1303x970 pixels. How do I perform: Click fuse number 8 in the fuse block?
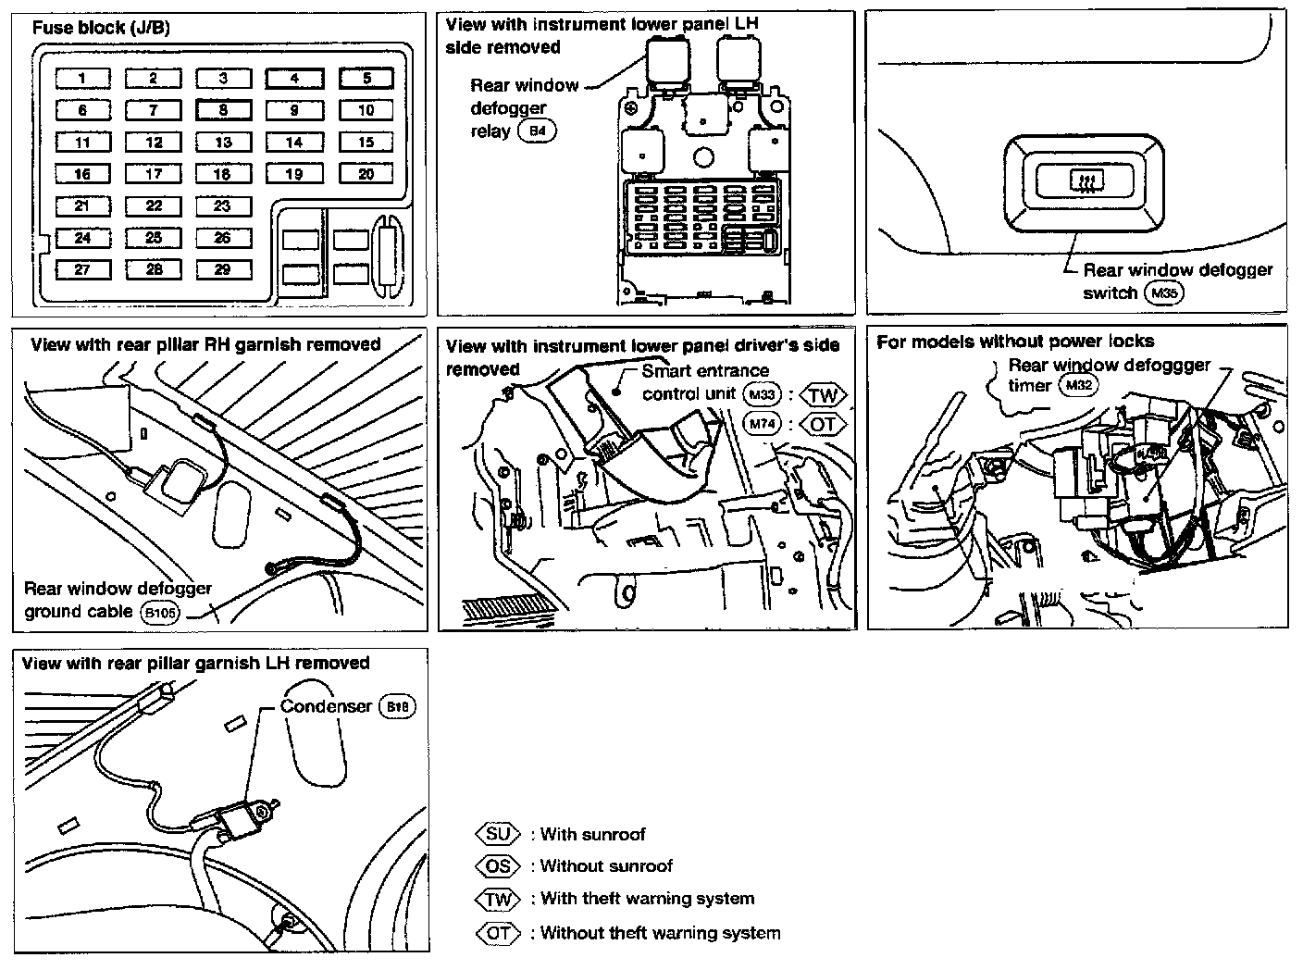click(223, 110)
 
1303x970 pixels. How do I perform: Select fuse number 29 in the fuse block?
click(223, 269)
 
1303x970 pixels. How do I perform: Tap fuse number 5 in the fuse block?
click(366, 79)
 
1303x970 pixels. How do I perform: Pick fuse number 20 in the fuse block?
click(366, 174)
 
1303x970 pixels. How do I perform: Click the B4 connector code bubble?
click(538, 131)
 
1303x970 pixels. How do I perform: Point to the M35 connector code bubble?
click(1164, 293)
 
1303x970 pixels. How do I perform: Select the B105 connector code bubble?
click(160, 613)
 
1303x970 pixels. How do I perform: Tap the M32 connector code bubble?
click(1078, 385)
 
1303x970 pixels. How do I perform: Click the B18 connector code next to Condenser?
click(397, 706)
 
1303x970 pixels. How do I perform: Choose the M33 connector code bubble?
click(762, 395)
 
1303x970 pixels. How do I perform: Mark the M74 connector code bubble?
click(762, 424)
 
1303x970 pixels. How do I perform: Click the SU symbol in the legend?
click(498, 834)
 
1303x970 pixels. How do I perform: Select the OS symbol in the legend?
click(498, 866)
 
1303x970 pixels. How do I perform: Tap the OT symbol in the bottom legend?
click(498, 933)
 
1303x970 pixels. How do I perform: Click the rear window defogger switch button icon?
click(1082, 180)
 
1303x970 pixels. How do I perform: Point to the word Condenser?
click(327, 706)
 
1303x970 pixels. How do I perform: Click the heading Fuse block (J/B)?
click(101, 28)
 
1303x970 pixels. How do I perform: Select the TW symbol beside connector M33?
click(822, 396)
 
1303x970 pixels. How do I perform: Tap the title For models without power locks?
click(1015, 342)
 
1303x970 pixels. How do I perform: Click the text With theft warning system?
click(647, 899)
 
